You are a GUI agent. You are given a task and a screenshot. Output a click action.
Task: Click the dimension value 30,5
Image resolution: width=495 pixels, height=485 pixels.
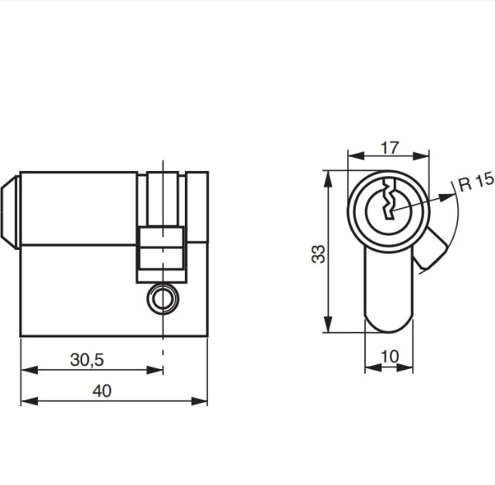pyautogui.click(x=87, y=360)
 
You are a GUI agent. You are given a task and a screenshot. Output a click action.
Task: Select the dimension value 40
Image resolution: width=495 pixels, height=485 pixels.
pyautogui.click(x=101, y=391)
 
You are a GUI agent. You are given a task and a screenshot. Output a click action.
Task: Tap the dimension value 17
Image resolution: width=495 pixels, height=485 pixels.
pyautogui.click(x=390, y=145)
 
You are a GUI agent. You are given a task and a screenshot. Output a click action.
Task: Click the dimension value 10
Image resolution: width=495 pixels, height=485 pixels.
pyautogui.click(x=390, y=357)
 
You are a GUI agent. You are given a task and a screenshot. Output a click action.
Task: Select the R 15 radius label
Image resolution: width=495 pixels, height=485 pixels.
pyautogui.click(x=474, y=183)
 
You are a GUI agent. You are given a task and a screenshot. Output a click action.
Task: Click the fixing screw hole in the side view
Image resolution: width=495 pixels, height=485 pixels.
pyautogui.click(x=162, y=299)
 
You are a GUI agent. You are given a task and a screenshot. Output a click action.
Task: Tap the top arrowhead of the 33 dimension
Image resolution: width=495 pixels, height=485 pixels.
pyautogui.click(x=330, y=176)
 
